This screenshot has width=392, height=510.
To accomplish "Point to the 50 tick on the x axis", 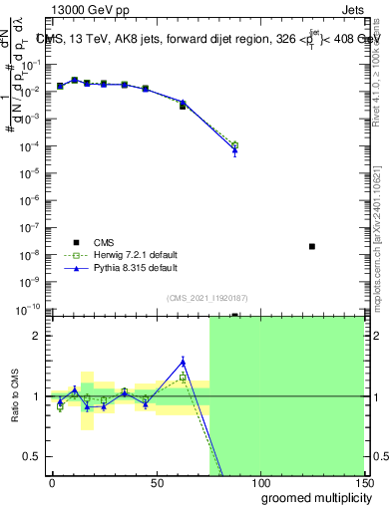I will (156, 482).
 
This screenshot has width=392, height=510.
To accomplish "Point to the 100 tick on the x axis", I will (259, 482).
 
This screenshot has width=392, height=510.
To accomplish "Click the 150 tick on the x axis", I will (363, 482).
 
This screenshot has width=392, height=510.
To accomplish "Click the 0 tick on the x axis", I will (52, 482).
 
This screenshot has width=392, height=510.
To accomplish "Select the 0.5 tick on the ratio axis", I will (35, 456).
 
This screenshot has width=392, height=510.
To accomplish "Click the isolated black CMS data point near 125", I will (312, 246).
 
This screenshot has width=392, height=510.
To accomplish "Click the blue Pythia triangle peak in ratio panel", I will (183, 362).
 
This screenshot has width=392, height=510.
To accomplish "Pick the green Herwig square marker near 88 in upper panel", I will (234, 145).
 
